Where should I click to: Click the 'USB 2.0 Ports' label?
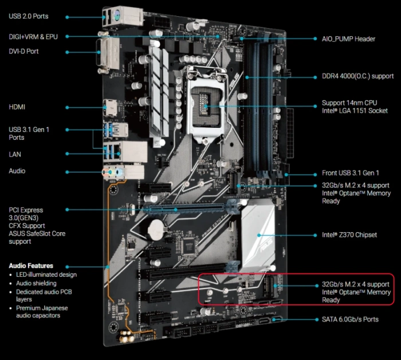(29, 17)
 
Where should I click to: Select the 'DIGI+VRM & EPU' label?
(33, 37)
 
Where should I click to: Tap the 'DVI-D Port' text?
(23, 52)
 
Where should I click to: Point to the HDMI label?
(17, 107)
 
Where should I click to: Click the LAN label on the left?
(15, 154)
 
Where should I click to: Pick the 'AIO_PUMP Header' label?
(348, 39)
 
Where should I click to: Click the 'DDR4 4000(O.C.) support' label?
(357, 76)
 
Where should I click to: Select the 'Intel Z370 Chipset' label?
(349, 235)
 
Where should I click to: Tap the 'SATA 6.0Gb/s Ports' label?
(350, 319)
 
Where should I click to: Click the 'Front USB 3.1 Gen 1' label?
(351, 173)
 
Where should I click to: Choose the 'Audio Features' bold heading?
(31, 265)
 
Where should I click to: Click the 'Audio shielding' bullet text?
(36, 283)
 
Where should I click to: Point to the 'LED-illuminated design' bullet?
(46, 275)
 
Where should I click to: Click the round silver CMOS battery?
(156, 229)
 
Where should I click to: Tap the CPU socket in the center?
(206, 105)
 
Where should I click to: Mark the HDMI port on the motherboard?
(110, 108)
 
